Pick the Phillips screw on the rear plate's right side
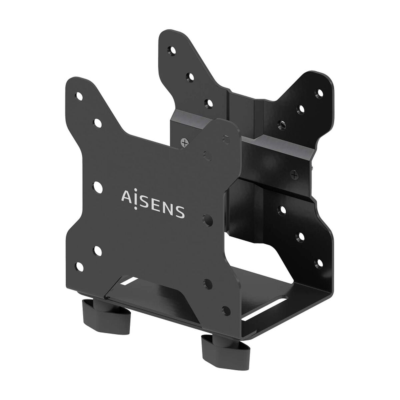(x=294, y=174)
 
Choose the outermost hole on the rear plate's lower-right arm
(x=320, y=263)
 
